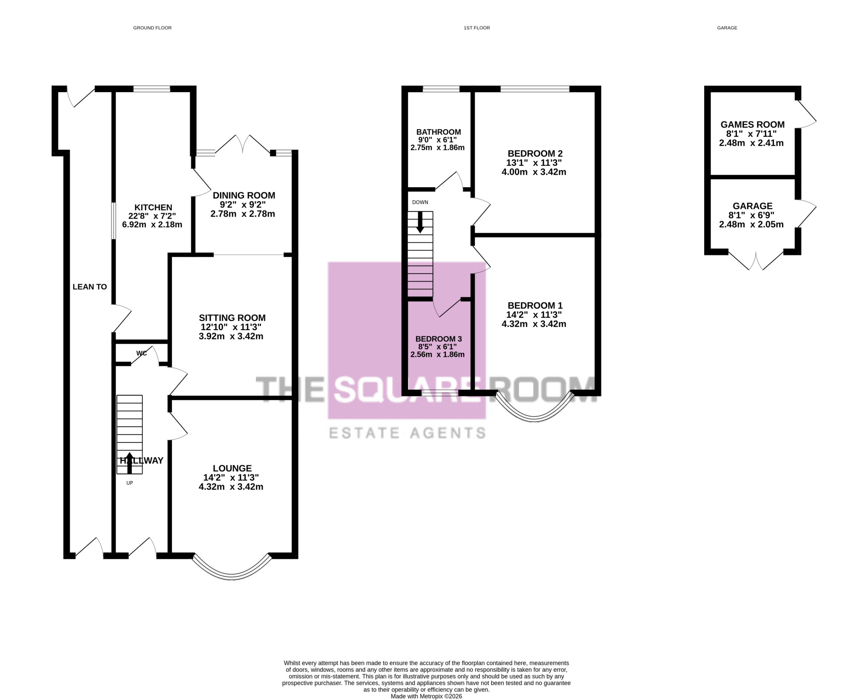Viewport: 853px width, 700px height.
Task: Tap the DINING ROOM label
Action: point(244,195)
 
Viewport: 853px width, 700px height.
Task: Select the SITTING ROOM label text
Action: point(232,318)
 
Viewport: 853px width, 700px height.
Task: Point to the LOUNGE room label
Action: point(232,468)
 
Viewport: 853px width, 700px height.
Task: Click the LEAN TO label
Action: point(90,287)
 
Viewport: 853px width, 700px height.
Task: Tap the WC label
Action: point(142,353)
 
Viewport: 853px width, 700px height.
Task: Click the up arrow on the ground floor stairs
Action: point(130,463)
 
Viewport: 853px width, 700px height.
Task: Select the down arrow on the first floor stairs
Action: point(420,222)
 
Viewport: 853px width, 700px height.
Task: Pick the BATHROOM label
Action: point(438,132)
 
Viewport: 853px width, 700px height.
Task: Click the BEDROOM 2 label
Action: point(535,153)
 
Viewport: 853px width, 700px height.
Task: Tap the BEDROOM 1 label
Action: point(535,305)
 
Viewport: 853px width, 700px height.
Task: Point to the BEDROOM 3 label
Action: point(438,339)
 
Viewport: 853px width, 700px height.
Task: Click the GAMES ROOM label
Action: point(752,124)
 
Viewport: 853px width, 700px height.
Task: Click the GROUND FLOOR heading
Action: point(152,28)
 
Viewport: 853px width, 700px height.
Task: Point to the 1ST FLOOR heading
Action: point(477,28)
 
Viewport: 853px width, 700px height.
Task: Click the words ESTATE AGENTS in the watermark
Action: point(407,433)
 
